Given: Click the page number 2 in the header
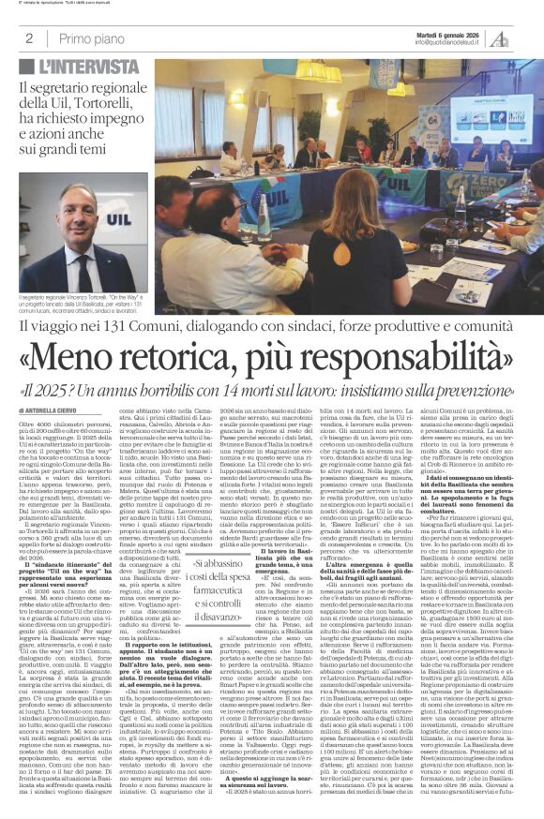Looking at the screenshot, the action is (x=29, y=37).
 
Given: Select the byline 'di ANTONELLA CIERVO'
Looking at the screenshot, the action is (x=61, y=409).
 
